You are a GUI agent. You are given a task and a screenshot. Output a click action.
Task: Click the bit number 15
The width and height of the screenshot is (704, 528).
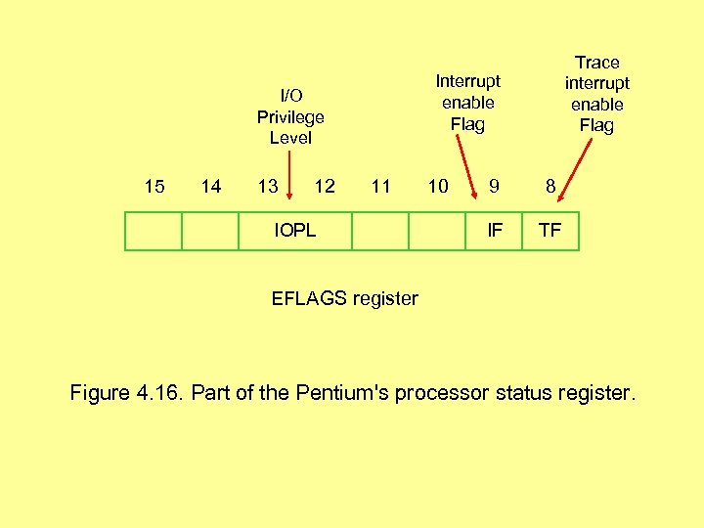tap(154, 186)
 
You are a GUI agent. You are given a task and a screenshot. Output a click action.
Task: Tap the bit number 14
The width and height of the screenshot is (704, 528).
tap(210, 186)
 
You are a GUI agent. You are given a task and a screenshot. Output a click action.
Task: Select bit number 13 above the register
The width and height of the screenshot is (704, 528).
tap(267, 186)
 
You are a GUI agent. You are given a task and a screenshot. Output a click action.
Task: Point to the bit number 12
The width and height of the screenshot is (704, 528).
tap(325, 186)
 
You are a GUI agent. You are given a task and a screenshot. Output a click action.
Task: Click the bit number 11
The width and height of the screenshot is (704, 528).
tap(381, 186)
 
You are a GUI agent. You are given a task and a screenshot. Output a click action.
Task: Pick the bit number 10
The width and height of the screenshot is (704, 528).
tap(438, 186)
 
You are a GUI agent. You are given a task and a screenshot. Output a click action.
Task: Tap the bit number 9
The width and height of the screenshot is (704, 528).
tap(495, 186)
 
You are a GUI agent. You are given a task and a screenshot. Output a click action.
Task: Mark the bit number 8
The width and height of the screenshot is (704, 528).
tap(550, 186)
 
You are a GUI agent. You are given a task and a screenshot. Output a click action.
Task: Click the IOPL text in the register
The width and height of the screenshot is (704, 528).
tap(294, 232)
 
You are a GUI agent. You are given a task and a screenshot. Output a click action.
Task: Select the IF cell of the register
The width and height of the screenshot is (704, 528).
tap(495, 232)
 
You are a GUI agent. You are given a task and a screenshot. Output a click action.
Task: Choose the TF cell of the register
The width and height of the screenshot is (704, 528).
tap(551, 232)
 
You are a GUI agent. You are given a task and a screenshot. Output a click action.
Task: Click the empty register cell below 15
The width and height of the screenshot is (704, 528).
tap(154, 232)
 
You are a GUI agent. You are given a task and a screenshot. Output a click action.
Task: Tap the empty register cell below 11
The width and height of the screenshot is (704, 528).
tap(380, 232)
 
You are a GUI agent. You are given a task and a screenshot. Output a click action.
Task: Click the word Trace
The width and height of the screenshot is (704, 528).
tap(596, 62)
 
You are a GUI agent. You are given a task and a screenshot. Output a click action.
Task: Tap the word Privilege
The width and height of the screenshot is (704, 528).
tap(290, 116)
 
